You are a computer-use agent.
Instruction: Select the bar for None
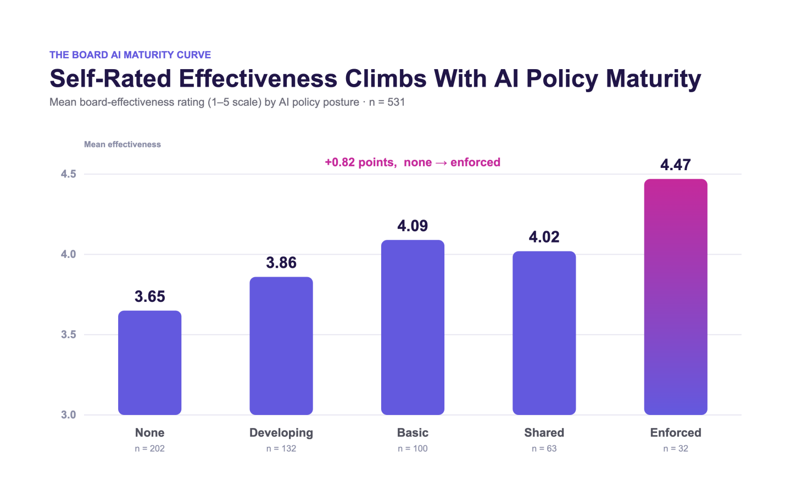[150, 363]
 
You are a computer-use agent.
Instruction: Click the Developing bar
[281, 346]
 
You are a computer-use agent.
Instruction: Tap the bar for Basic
[413, 328]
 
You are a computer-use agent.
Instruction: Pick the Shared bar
[544, 333]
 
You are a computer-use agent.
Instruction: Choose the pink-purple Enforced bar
[676, 297]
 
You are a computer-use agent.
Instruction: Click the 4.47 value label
[676, 165]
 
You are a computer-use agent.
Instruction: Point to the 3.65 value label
[150, 296]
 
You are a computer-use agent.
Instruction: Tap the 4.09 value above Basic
[413, 226]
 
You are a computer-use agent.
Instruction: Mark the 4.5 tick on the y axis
[69, 174]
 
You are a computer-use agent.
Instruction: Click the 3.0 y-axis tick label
[69, 415]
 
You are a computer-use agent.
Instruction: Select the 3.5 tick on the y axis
[69, 334]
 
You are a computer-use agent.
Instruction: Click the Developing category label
[281, 433]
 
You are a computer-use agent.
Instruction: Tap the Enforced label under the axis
[676, 433]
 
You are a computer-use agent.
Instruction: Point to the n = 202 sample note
[150, 448]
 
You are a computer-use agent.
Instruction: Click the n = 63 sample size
[544, 448]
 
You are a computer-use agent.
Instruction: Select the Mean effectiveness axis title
[122, 144]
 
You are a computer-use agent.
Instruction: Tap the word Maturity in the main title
[653, 78]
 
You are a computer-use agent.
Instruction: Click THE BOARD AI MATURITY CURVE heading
[130, 55]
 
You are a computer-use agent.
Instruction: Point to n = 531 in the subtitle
[387, 102]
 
